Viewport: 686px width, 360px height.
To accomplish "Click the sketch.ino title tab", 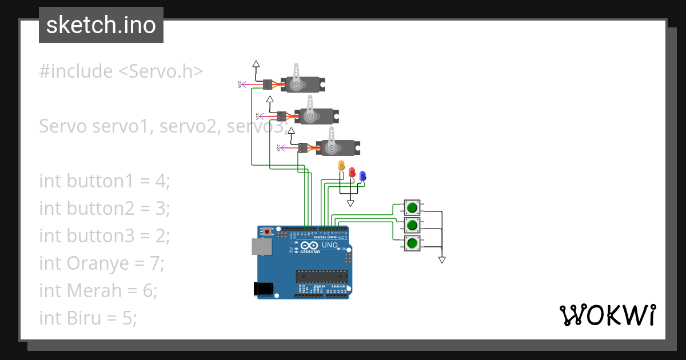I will [x=101, y=25].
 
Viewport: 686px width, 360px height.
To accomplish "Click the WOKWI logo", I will [x=607, y=315].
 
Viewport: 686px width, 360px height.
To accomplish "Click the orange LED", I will [x=342, y=166].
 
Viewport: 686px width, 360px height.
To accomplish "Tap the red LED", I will [x=352, y=171].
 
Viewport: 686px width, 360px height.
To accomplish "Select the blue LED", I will [x=362, y=176].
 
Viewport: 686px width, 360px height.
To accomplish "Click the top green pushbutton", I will [x=412, y=207].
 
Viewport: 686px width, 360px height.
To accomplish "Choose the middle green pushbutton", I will [x=412, y=225].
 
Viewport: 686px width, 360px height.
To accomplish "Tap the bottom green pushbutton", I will [x=412, y=243].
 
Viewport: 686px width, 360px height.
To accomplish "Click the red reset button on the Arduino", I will [x=267, y=232].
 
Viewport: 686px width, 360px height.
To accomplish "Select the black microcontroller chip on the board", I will [x=321, y=277].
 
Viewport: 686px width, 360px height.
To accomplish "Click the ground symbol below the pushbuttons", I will [x=441, y=260].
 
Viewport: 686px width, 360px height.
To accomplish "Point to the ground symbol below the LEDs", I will [x=350, y=203].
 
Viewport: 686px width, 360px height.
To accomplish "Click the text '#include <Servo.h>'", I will [x=121, y=71].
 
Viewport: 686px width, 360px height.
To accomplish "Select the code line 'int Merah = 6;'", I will [x=98, y=290].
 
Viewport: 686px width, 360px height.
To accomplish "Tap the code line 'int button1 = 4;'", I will [x=105, y=181].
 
